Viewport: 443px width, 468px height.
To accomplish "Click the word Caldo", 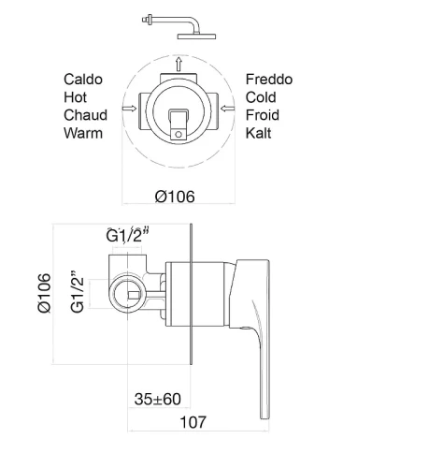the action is point(83,80).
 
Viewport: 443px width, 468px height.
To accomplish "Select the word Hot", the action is point(75,97).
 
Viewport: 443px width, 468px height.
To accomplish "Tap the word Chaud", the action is point(85,115).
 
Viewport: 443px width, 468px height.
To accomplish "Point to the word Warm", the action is point(83,133).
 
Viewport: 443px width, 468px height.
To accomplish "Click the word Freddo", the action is point(269,80).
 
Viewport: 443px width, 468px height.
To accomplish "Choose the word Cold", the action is point(261,97).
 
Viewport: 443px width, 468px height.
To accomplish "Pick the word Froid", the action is point(263,115).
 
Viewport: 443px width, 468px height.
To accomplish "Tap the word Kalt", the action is point(258,133).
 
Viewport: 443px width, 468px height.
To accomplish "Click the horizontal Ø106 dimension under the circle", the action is point(175,197).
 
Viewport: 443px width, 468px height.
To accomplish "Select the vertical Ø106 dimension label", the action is point(44,293).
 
